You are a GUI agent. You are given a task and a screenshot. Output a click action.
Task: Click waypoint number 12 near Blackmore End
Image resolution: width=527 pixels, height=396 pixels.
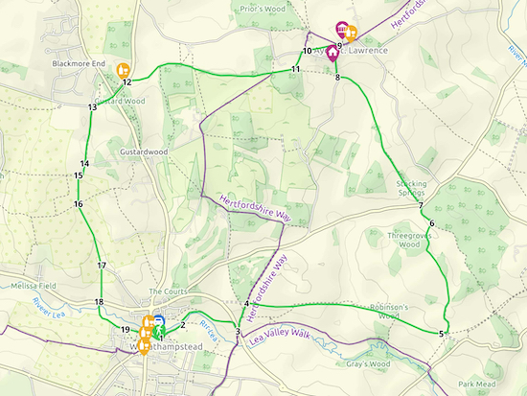click(126, 82)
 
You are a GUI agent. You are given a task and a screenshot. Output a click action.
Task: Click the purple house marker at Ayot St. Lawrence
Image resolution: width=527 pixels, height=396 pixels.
click(332, 55)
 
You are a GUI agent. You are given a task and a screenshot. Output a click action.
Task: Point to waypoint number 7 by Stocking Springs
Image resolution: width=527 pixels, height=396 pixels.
click(421, 206)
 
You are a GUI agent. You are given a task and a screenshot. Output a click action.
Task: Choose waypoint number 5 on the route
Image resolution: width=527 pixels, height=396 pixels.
click(441, 333)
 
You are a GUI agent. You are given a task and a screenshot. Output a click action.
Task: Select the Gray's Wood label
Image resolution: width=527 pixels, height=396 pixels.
click(369, 364)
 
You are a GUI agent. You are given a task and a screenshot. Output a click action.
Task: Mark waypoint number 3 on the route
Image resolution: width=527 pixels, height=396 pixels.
click(237, 333)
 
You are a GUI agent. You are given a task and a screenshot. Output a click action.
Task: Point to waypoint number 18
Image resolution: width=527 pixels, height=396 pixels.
click(99, 302)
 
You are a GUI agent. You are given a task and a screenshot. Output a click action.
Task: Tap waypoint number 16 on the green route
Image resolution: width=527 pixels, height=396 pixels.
click(78, 204)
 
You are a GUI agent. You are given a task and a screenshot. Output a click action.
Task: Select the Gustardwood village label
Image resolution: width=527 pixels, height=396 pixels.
click(144, 151)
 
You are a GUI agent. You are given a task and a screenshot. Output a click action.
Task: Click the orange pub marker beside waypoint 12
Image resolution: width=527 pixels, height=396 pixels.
click(123, 69)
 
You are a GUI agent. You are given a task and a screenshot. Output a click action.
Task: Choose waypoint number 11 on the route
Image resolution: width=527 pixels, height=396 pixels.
click(296, 70)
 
